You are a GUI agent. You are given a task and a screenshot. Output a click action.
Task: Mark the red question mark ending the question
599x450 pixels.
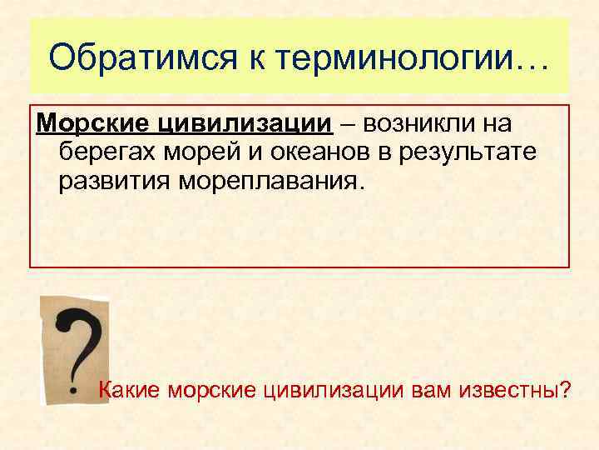566,388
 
